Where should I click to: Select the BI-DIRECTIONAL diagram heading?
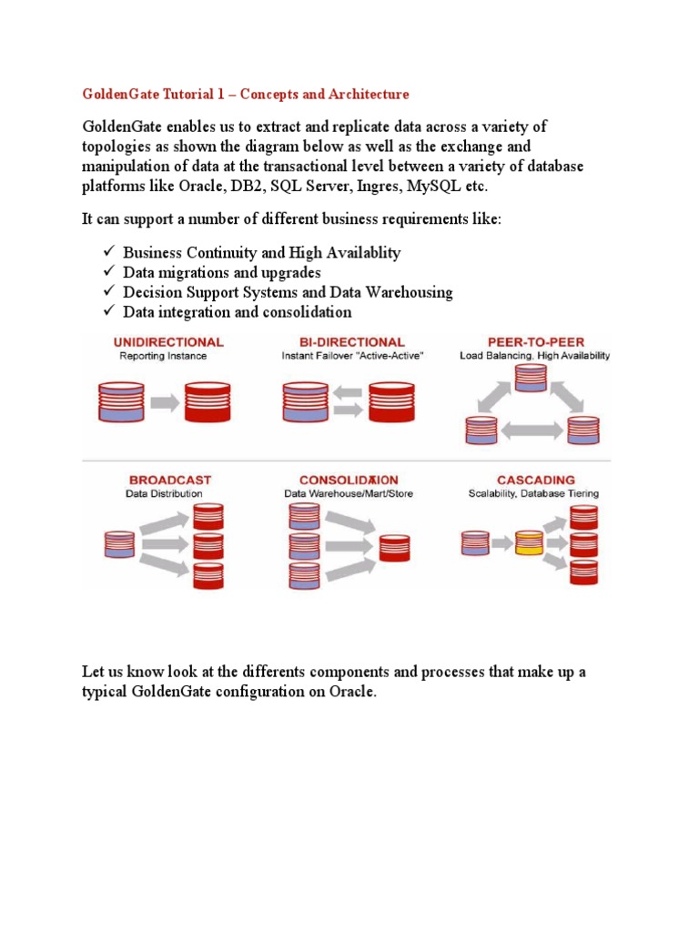(x=342, y=342)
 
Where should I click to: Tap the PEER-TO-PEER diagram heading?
(x=534, y=342)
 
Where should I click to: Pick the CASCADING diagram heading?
(x=535, y=480)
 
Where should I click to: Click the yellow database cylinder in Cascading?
(x=529, y=543)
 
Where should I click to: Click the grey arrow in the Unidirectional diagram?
(x=164, y=400)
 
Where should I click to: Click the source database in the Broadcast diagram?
(x=119, y=543)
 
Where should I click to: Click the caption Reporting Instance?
(x=163, y=356)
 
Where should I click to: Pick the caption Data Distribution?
(x=164, y=493)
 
